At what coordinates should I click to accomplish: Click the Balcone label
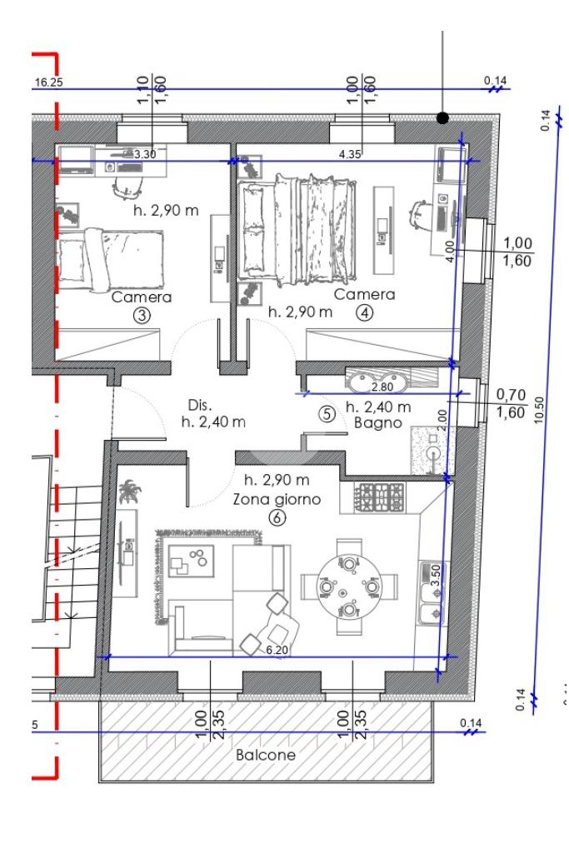(x=266, y=755)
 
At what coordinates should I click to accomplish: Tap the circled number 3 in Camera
(x=142, y=316)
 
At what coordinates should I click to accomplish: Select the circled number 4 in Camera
(x=364, y=313)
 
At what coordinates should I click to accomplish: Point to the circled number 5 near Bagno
(x=327, y=415)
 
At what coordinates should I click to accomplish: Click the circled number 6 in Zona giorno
(x=277, y=517)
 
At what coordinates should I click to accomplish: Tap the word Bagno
(x=378, y=422)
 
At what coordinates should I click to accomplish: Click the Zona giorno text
(x=277, y=499)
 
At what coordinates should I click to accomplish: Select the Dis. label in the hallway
(x=200, y=406)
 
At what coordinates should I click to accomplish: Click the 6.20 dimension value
(x=277, y=650)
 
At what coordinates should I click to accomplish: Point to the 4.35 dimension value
(x=350, y=154)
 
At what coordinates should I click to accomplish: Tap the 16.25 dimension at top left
(x=48, y=82)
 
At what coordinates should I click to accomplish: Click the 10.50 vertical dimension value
(x=539, y=410)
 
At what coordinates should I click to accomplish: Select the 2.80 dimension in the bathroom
(x=382, y=387)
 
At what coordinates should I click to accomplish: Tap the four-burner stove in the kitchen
(x=380, y=498)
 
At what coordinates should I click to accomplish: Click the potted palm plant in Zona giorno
(x=129, y=491)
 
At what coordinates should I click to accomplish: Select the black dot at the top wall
(x=443, y=117)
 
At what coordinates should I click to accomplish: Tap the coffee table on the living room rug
(x=191, y=561)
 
